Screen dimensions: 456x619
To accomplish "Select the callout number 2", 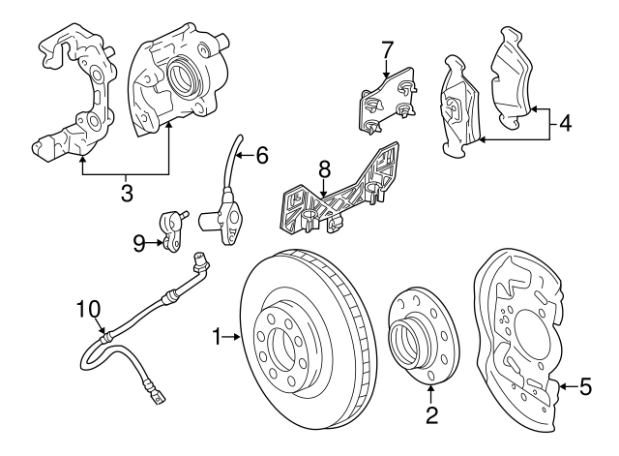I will coord(431,416).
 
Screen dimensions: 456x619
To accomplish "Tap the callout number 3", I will coord(127,192).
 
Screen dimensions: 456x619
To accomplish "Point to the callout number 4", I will coord(566,123).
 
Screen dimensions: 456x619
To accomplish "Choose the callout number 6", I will coord(262,155).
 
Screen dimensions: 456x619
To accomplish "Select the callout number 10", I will coord(88,310).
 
